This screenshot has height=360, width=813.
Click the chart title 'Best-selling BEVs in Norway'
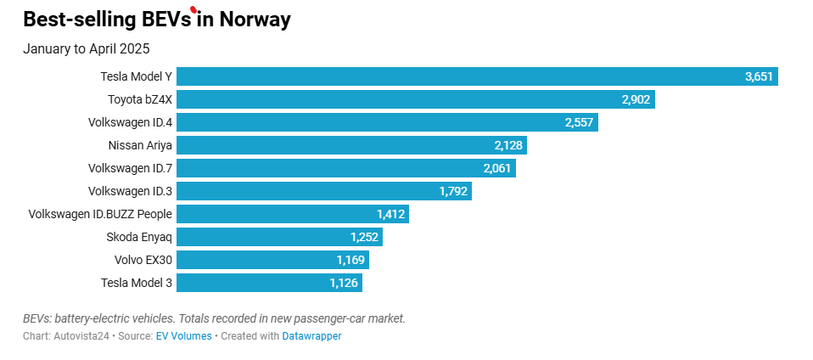157,20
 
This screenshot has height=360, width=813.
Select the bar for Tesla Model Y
458,76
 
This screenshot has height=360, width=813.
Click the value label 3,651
759,76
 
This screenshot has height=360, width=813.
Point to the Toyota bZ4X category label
140,99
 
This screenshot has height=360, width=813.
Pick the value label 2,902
636,99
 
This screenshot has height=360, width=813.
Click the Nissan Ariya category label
141,145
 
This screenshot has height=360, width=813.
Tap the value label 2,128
508,145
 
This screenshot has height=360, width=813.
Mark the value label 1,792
453,191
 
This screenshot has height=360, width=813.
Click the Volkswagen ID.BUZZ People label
100,214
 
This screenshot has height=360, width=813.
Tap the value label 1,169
350,260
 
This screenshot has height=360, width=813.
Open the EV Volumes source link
183,336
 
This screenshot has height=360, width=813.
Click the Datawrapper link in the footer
311,336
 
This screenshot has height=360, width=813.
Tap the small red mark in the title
194,10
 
